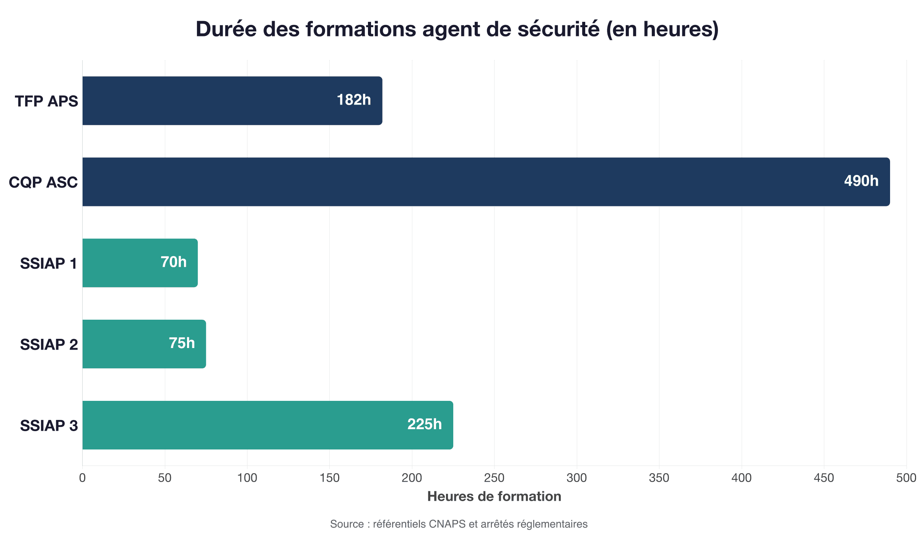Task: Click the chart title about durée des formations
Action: (x=457, y=29)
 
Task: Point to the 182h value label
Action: (x=354, y=100)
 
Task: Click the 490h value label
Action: (x=861, y=181)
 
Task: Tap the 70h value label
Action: (x=174, y=262)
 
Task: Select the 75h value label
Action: (x=182, y=343)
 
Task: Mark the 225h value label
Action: (x=425, y=424)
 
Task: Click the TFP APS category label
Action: (x=46, y=101)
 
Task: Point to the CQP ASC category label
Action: (x=43, y=183)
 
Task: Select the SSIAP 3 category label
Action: (x=49, y=426)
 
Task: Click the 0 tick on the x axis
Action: (x=82, y=478)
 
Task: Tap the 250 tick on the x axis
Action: (x=494, y=478)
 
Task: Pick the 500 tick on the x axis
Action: (x=906, y=478)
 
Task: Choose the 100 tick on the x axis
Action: (x=247, y=478)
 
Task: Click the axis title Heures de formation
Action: (x=494, y=497)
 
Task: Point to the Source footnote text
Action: (x=459, y=524)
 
